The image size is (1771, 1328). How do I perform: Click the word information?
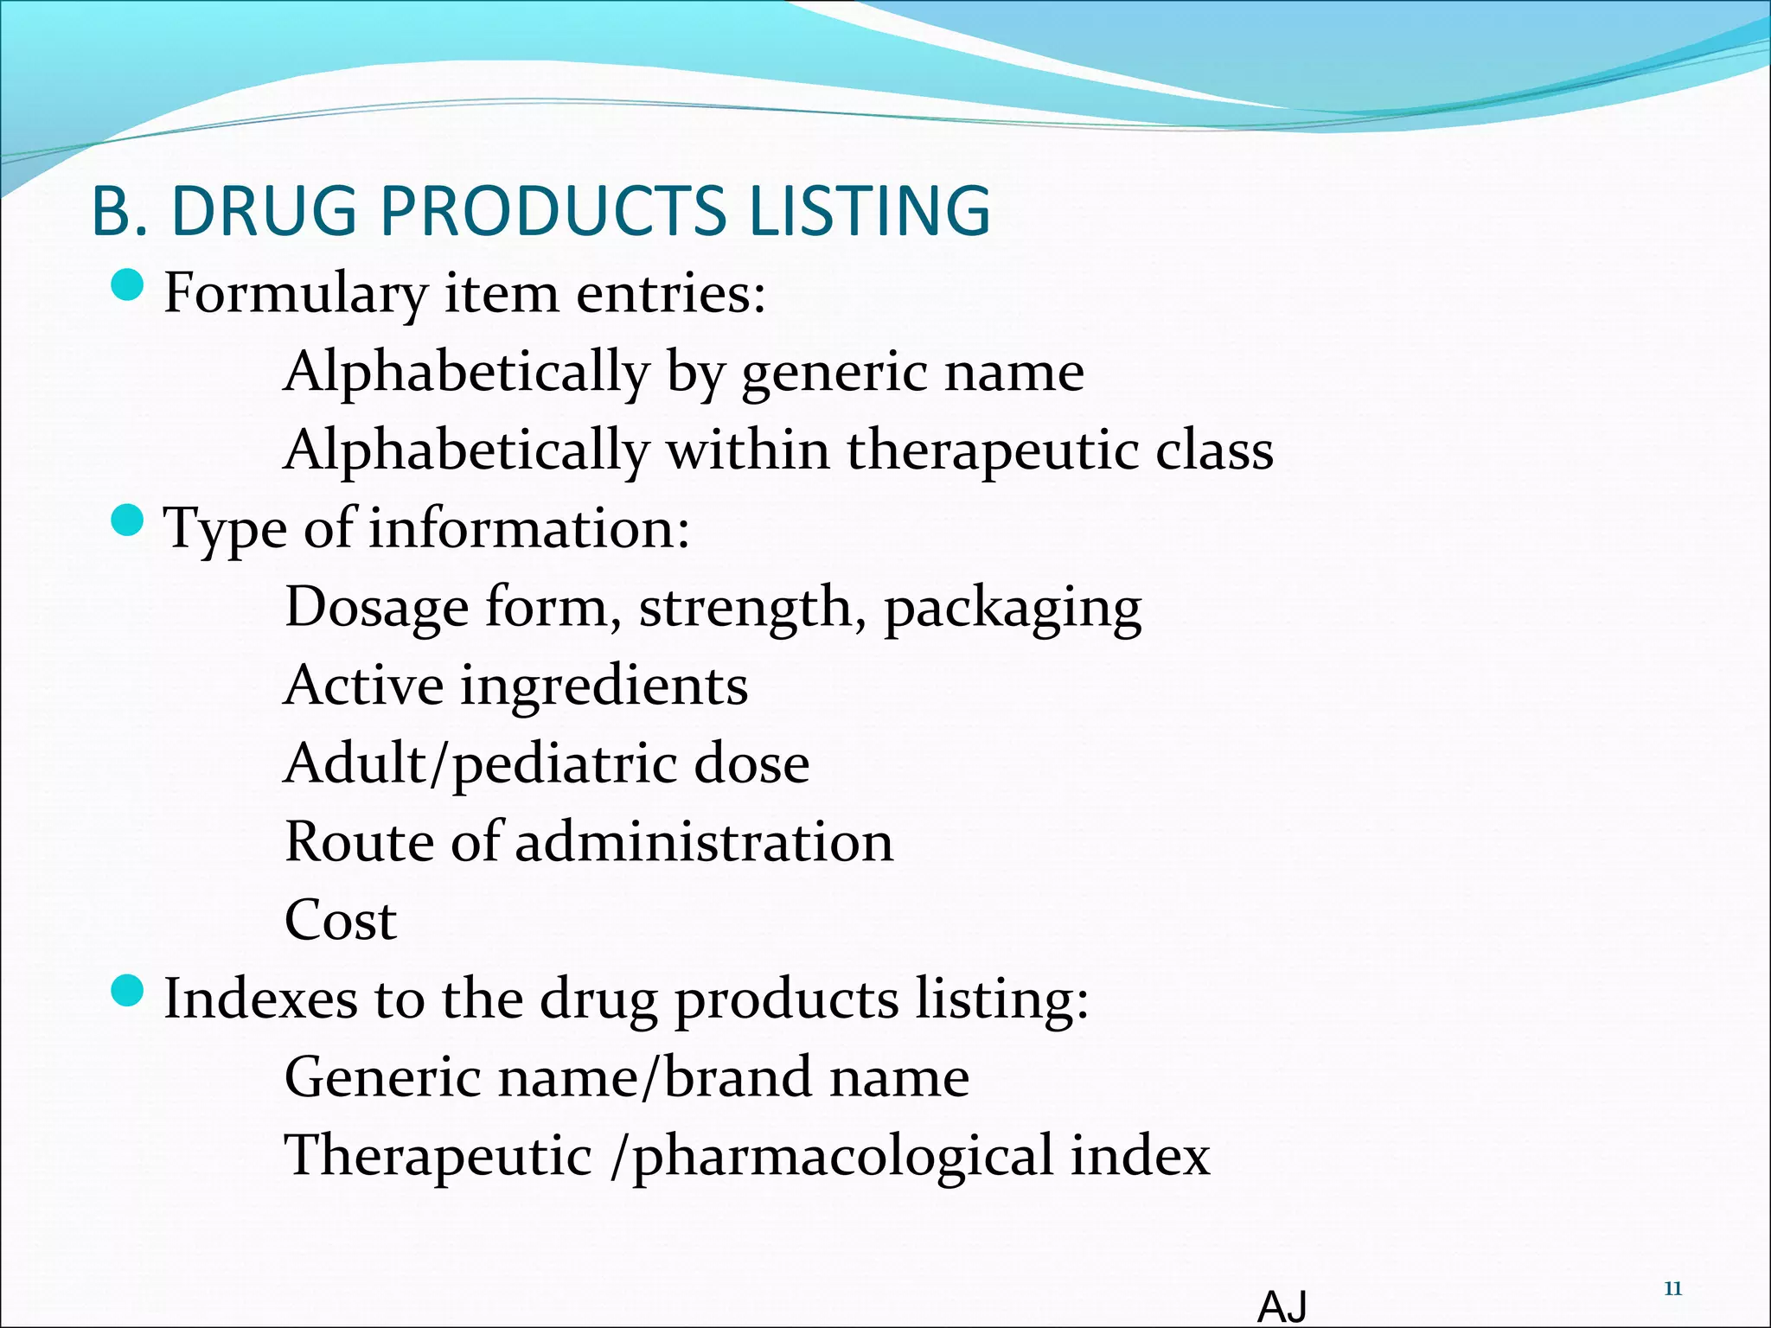[529, 528]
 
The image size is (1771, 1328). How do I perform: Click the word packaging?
[1013, 609]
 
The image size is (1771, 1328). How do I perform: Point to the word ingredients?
[604, 686]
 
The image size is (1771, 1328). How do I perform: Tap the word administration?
[704, 842]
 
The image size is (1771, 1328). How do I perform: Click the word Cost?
[341, 921]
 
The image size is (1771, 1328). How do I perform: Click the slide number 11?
[1672, 1289]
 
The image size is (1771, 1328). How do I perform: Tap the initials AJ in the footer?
[1282, 1306]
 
